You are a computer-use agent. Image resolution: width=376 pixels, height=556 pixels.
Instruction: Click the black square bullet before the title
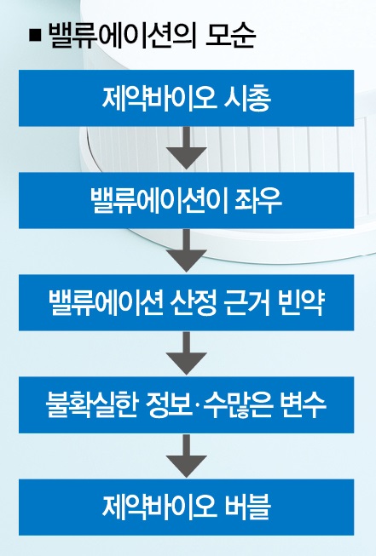point(35,36)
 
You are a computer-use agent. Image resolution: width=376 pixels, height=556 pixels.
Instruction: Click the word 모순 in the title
point(230,35)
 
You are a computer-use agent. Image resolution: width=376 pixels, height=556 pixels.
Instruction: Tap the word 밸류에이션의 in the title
point(122,36)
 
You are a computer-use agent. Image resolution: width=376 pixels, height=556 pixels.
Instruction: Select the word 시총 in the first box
point(247,98)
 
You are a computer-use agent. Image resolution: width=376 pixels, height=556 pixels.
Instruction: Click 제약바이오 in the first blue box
point(159,98)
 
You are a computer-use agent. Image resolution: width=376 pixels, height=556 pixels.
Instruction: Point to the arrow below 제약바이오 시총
point(187,147)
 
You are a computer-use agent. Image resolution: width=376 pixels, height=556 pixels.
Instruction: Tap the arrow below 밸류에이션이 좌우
point(187,249)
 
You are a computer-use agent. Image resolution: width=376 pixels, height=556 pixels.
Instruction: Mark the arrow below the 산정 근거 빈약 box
point(187,353)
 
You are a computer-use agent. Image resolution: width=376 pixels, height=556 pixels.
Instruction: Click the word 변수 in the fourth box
point(303,405)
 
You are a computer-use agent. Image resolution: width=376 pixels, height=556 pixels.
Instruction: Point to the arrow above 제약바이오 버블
point(187,455)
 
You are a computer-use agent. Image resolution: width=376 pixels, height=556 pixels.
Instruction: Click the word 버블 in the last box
point(247,507)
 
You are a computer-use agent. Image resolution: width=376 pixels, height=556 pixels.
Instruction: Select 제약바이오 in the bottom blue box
point(159,507)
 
